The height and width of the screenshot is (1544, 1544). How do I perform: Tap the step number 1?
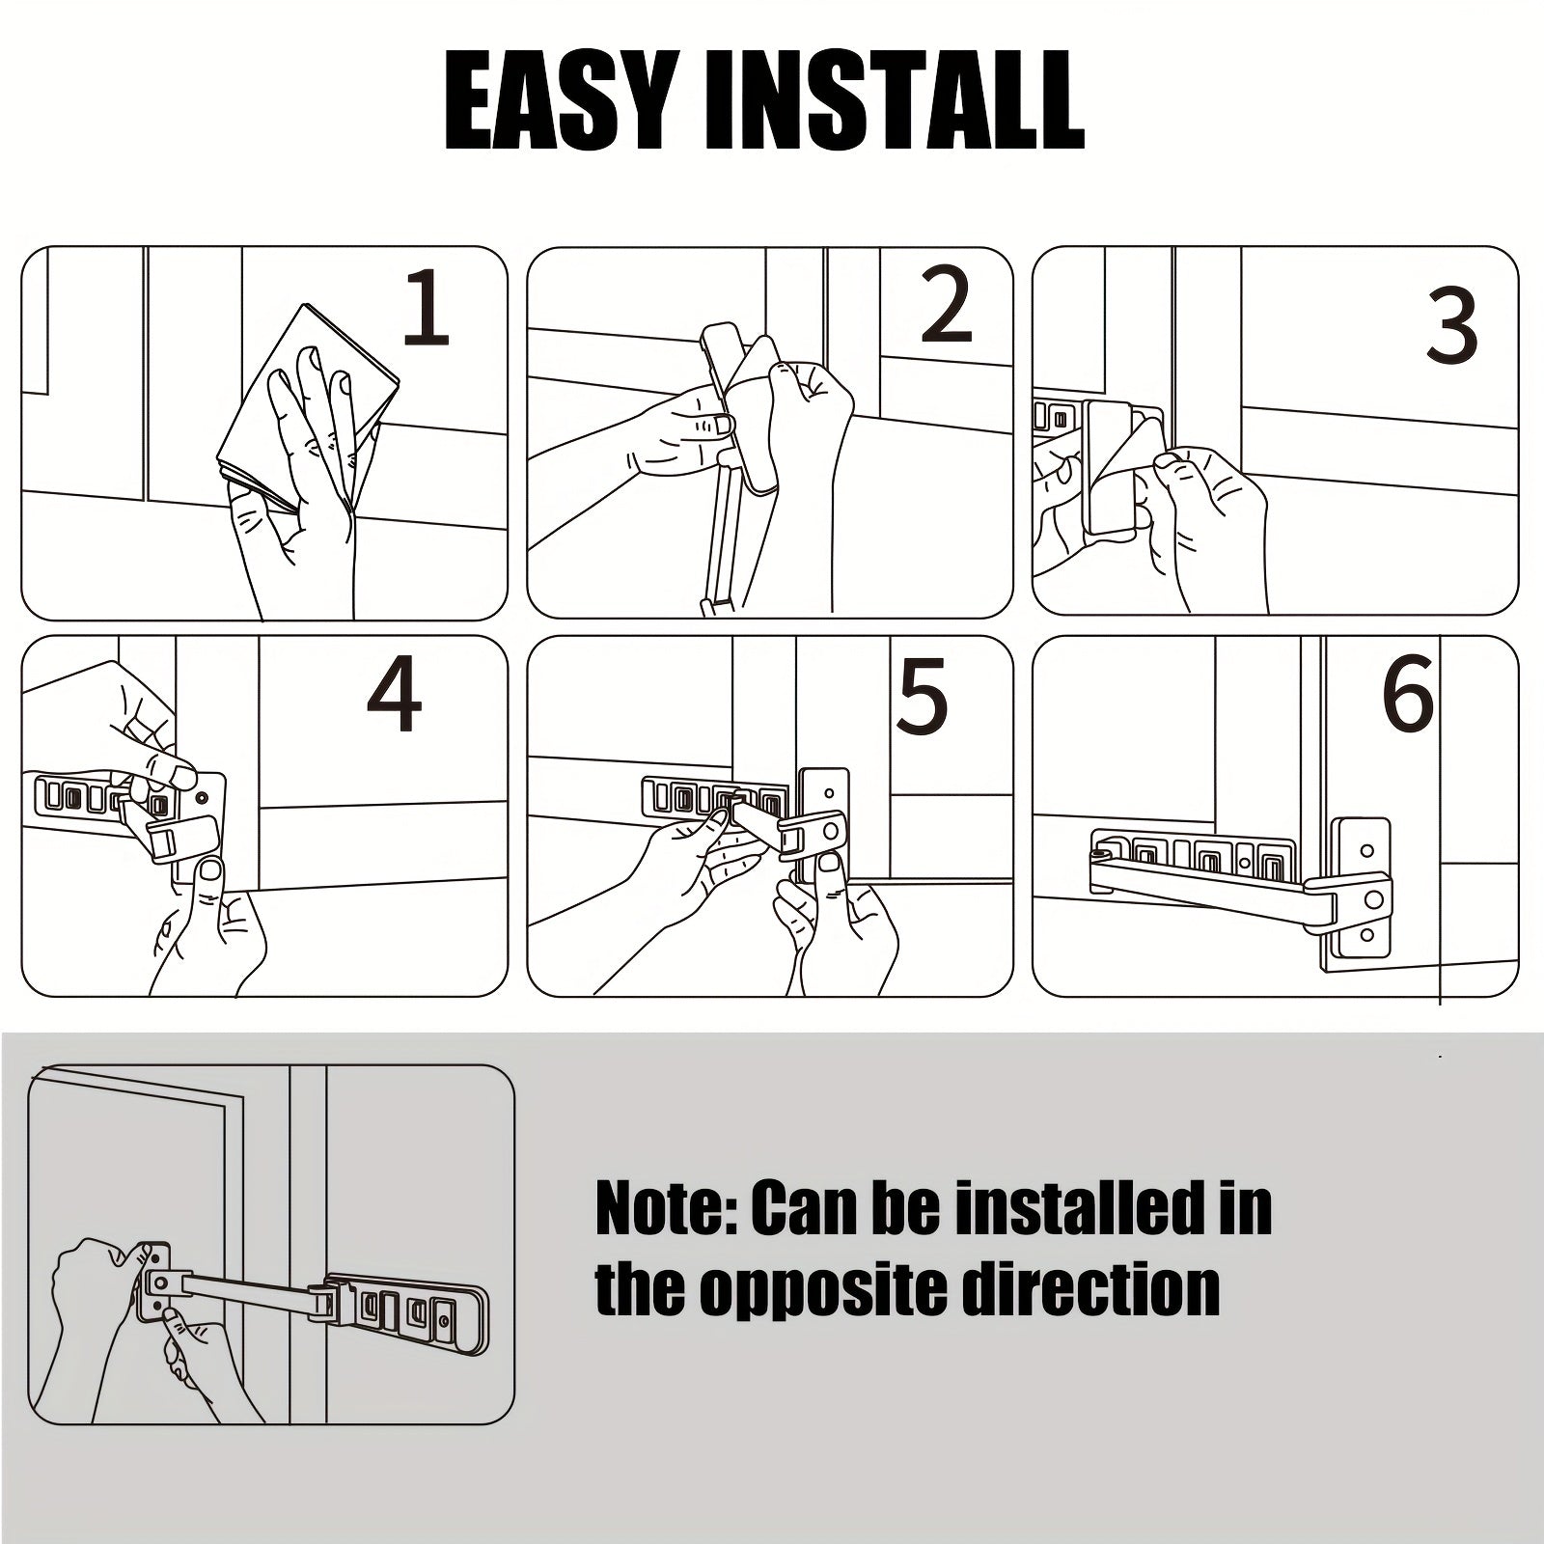click(426, 308)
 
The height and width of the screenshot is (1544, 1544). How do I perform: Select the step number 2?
click(946, 306)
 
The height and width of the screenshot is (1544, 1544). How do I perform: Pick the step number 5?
click(922, 696)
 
